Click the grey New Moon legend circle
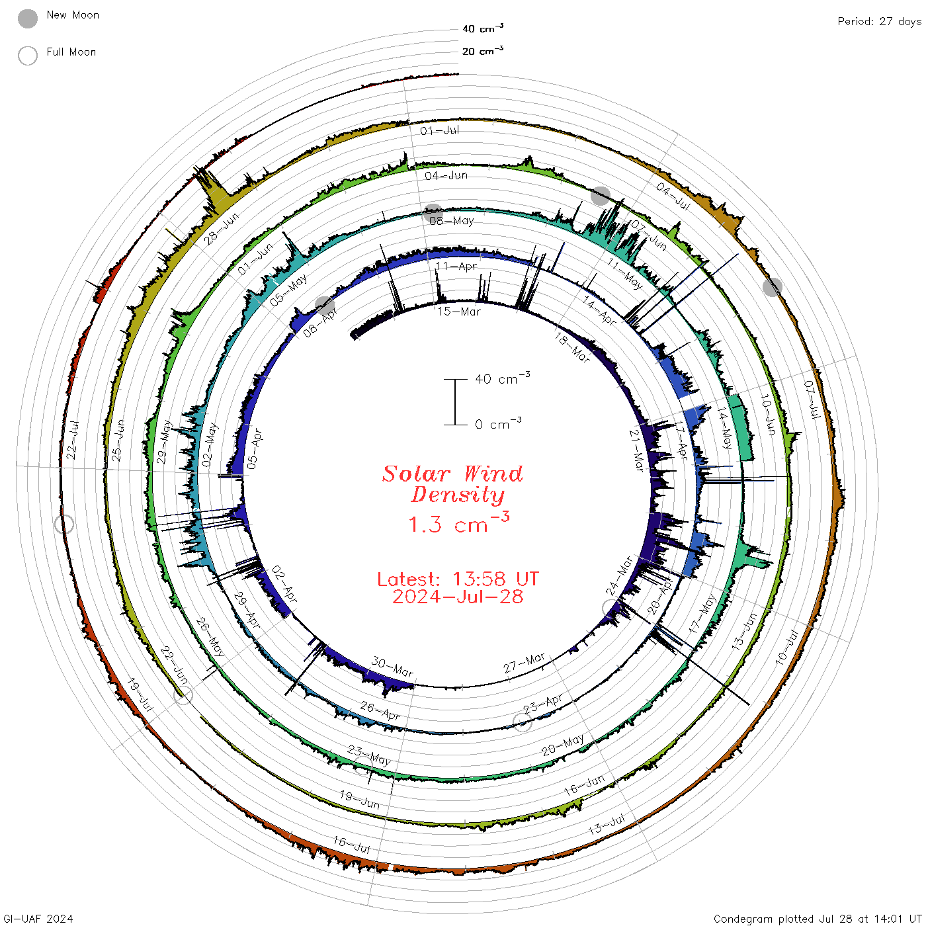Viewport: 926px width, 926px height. pyautogui.click(x=28, y=19)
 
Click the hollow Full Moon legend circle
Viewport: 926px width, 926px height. pyautogui.click(x=28, y=56)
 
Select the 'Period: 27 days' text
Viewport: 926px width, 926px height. pyautogui.click(x=880, y=22)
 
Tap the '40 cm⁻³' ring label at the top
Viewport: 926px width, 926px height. pyautogui.click(x=483, y=28)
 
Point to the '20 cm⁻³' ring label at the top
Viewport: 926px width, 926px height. pyautogui.click(x=483, y=51)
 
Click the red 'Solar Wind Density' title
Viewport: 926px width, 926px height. pyautogui.click(x=452, y=484)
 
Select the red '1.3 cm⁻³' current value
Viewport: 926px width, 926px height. pyautogui.click(x=459, y=523)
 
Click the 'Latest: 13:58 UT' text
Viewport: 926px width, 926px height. pyautogui.click(x=458, y=579)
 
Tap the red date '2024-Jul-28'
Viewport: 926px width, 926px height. pyautogui.click(x=458, y=597)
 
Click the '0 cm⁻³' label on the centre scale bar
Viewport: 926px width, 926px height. pyautogui.click(x=498, y=424)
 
